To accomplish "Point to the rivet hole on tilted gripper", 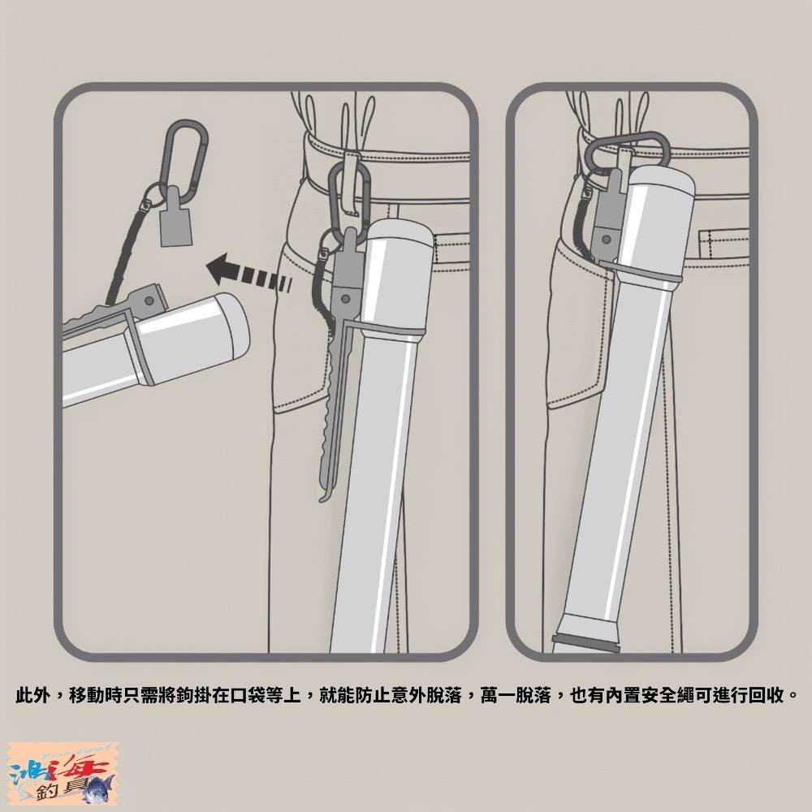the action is [149, 300].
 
